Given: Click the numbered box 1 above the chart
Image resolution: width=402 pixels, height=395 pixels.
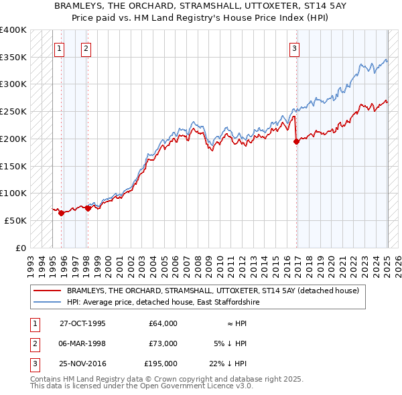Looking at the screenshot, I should (60, 48).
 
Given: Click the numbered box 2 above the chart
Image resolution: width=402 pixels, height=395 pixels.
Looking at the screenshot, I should (87, 48).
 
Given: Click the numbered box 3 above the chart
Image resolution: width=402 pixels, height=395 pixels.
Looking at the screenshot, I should (295, 48).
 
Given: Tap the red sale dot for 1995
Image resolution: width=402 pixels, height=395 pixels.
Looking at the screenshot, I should (61, 213).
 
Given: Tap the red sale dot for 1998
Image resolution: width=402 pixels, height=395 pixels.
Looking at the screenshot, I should (88, 208).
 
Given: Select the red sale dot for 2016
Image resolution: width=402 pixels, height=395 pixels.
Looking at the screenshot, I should (296, 141).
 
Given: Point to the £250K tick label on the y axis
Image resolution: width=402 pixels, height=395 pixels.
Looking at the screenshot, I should (13, 111).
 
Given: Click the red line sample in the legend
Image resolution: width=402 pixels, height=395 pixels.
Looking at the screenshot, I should (48, 291).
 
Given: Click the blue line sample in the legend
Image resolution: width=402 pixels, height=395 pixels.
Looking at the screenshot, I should (48, 302).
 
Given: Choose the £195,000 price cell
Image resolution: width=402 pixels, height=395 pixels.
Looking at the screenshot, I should (161, 364).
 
